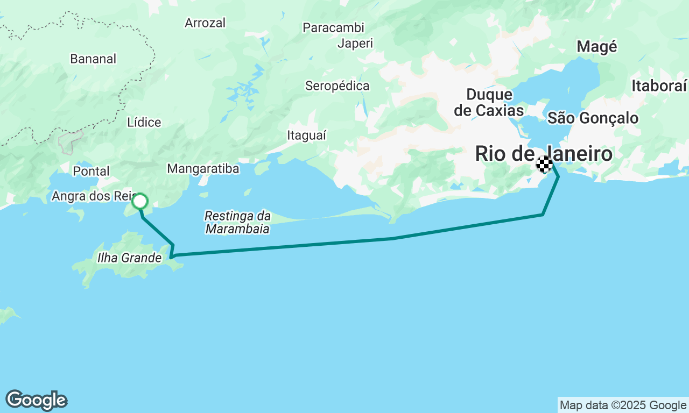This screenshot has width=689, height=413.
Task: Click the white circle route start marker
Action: point(140,201)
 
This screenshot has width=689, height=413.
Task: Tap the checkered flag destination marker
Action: point(544,164)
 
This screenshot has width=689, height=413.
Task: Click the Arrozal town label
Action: point(205,23)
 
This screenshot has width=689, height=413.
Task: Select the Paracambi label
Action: point(333,27)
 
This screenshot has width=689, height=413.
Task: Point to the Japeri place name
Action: point(355,44)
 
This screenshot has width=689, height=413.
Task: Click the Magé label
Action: point(596,47)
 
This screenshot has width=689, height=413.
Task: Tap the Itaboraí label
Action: point(659,86)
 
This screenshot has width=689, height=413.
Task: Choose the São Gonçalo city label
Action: point(593,118)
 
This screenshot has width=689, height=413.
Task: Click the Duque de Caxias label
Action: point(489,102)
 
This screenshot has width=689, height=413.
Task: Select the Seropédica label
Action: point(338,86)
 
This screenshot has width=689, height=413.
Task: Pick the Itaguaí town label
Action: point(307,136)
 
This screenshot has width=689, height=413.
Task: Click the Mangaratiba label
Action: point(203,169)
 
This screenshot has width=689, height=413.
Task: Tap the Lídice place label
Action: point(144,123)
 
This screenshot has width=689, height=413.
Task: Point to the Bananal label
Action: point(93,59)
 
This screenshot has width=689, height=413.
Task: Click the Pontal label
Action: point(92,172)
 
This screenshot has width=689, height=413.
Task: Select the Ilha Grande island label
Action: point(129,258)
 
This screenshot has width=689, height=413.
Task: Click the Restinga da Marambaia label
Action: point(237,223)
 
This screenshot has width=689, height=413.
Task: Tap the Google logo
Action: point(36,401)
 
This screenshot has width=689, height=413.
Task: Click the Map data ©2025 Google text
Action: point(623,405)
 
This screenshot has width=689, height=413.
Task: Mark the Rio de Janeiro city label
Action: point(544,154)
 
